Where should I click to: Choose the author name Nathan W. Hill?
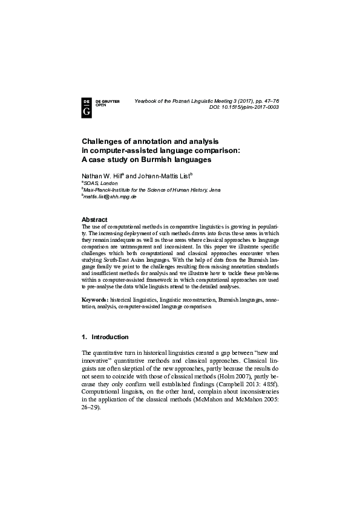(x=101, y=175)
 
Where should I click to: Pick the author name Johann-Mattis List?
(x=162, y=175)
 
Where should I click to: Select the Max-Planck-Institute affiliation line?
(x=152, y=190)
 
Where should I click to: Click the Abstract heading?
(x=94, y=219)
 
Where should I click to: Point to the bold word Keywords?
(x=95, y=300)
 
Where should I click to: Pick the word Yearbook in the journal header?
(x=146, y=100)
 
